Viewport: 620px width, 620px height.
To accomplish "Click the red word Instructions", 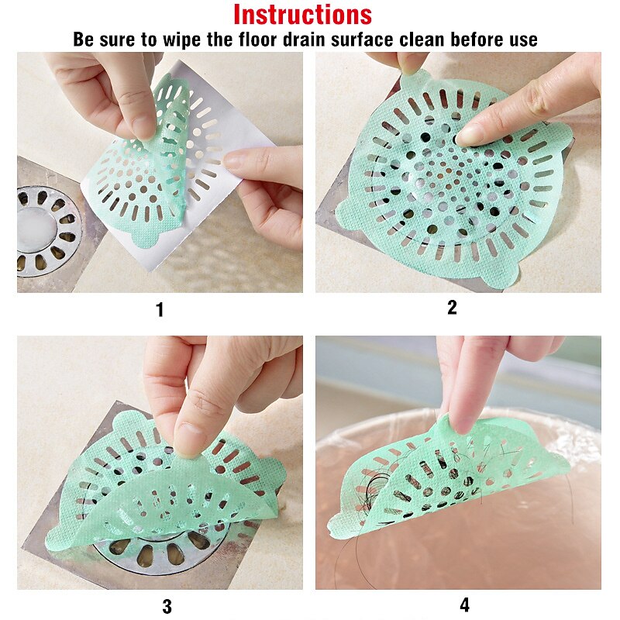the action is click(x=302, y=15).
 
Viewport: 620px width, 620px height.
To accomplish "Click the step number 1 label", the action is click(x=160, y=309).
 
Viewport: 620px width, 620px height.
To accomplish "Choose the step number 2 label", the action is click(x=452, y=307).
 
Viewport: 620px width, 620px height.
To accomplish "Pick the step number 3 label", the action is click(x=167, y=606).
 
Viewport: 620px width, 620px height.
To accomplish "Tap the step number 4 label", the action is click(x=464, y=605).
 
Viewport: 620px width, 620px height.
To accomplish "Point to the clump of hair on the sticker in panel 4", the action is click(x=376, y=494).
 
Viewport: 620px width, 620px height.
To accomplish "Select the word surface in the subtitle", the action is click(x=362, y=40).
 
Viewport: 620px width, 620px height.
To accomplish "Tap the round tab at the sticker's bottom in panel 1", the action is click(x=146, y=237).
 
